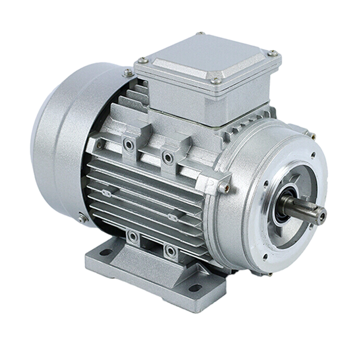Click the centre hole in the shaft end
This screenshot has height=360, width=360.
(321, 213)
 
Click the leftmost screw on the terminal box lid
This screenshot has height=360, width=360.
(143, 60)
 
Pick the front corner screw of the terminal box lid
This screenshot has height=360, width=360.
(215, 81)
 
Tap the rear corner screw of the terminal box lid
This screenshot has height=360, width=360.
(200, 34)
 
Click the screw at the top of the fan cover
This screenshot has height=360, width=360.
(127, 72)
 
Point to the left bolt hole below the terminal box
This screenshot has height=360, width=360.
(129, 145)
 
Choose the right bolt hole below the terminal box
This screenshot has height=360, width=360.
(166, 156)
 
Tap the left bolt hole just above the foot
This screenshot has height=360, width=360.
(133, 237)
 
